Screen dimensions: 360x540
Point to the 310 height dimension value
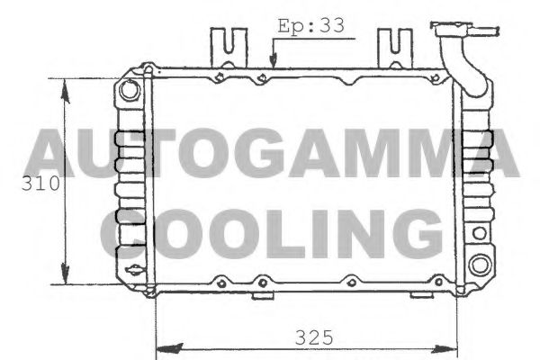click(x=41, y=184)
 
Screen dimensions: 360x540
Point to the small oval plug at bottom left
click(x=135, y=271)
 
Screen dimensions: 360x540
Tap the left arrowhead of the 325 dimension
click(x=165, y=346)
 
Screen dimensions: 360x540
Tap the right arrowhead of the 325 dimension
click(x=452, y=346)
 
